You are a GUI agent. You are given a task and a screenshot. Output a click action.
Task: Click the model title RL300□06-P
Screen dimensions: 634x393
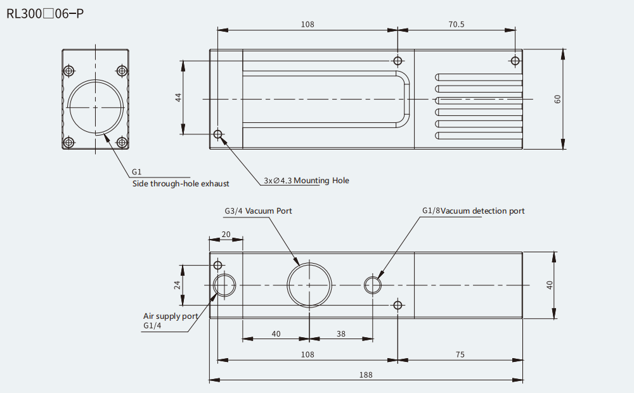point(45,14)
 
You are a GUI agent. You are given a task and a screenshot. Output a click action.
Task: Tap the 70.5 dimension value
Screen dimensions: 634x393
point(456,24)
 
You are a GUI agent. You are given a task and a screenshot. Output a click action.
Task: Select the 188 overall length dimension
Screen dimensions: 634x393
point(366,375)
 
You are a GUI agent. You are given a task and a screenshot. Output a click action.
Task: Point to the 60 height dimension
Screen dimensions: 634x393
point(557,99)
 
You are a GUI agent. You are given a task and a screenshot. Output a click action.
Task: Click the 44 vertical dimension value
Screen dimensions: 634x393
point(178,97)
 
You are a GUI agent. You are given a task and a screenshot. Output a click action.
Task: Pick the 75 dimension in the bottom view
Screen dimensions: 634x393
point(460,354)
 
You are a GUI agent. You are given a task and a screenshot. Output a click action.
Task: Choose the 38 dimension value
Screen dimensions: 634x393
point(341,334)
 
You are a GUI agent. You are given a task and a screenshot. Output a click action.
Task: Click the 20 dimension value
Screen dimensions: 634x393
point(226,235)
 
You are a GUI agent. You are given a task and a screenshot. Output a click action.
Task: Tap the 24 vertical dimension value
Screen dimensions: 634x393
point(177,285)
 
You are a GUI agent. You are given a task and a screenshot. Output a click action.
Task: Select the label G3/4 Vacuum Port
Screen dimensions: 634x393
point(259,210)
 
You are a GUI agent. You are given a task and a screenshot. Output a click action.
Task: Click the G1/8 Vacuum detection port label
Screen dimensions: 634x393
point(474,210)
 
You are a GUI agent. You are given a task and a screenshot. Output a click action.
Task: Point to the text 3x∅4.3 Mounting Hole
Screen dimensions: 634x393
point(306,180)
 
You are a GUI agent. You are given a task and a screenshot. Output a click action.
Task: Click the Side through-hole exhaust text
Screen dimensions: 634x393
point(181,184)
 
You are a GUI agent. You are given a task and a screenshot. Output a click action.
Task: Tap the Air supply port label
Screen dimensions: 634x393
point(171,316)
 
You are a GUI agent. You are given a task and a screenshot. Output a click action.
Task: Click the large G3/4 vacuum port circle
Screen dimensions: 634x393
point(309,263)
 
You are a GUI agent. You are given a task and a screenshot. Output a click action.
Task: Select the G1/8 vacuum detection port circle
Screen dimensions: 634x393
point(372,277)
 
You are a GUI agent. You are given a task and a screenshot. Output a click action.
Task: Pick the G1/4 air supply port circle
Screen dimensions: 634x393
point(224,274)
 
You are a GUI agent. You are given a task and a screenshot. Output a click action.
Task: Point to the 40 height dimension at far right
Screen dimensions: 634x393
point(550,285)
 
